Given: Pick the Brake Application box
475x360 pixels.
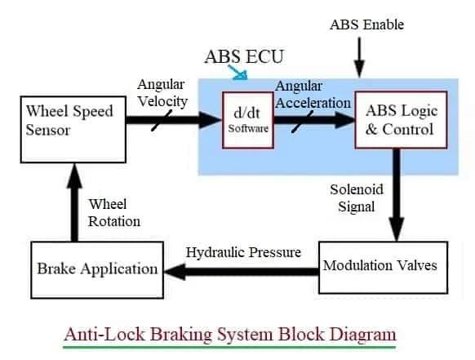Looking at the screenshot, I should pos(97,268).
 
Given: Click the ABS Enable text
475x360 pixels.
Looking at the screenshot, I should pos(366,24).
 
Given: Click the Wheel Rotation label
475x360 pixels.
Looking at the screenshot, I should pos(114,212).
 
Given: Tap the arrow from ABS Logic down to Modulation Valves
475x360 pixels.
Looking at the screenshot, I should pos(399,196).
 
